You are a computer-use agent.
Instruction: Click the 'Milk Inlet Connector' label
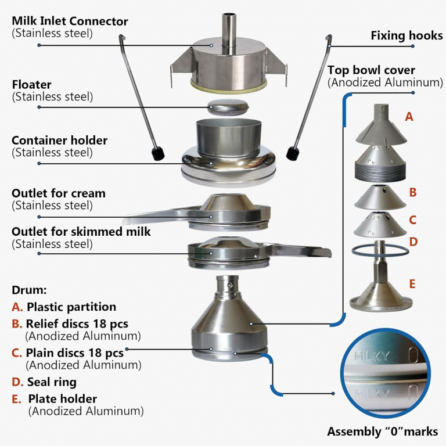pyautogui.click(x=70, y=22)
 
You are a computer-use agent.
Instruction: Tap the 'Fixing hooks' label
pyautogui.click(x=407, y=36)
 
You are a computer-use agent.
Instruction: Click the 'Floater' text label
pyautogui.click(x=31, y=85)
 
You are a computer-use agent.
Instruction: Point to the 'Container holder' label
pyautogui.click(x=59, y=141)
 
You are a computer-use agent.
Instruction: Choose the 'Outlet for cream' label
pyautogui.click(x=58, y=193)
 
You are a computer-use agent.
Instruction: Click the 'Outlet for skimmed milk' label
pyautogui.click(x=81, y=232)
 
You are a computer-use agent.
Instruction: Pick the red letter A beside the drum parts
pyautogui.click(x=409, y=117)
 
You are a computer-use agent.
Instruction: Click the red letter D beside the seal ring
pyautogui.click(x=413, y=241)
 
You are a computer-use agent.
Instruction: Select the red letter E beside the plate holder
pyautogui.click(x=412, y=284)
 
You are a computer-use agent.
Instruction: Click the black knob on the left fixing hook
pyautogui.click(x=156, y=154)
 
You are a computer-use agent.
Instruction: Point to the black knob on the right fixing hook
pyautogui.click(x=292, y=153)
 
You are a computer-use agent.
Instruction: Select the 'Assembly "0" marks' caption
pyautogui.click(x=382, y=431)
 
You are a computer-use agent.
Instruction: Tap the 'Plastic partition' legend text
pyautogui.click(x=71, y=307)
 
